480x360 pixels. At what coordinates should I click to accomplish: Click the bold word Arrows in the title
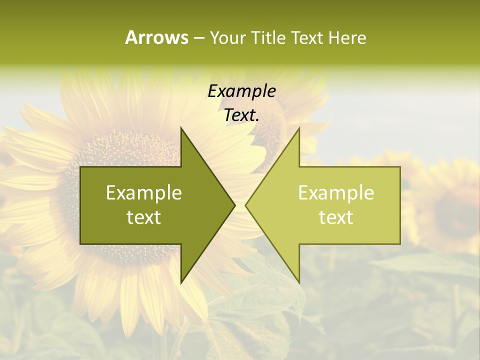(x=156, y=37)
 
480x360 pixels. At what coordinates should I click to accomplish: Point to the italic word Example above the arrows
(x=241, y=91)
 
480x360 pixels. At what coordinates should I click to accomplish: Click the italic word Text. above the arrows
(x=241, y=115)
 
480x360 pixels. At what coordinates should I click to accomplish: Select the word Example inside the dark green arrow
(x=144, y=193)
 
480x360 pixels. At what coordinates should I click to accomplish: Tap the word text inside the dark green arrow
(x=144, y=217)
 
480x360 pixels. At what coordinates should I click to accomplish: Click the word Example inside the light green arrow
(x=336, y=193)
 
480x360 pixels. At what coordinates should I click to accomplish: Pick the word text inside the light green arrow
(x=336, y=217)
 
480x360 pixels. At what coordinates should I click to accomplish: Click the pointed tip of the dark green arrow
(x=234, y=205)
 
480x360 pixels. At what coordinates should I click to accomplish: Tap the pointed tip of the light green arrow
(x=245, y=205)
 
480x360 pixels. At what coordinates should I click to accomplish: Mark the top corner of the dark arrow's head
(x=181, y=128)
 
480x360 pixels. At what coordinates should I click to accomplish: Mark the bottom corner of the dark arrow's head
(x=181, y=282)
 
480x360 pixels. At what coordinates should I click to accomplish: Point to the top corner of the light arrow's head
(x=299, y=128)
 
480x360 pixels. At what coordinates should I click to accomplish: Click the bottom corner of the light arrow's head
(x=299, y=282)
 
